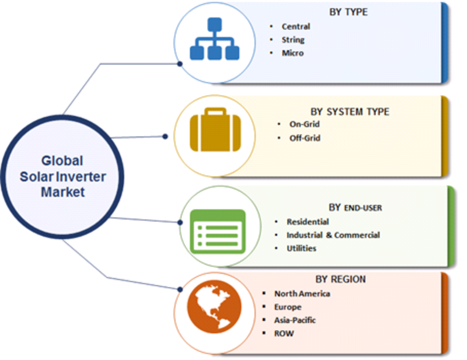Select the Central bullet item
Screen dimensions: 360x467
[x=295, y=27]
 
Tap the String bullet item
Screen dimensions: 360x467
[x=293, y=40]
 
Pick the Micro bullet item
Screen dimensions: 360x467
[x=292, y=53]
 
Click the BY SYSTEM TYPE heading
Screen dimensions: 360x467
[x=349, y=111]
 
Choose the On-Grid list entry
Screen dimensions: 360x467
[x=305, y=124]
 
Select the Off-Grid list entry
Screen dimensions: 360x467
[x=305, y=138]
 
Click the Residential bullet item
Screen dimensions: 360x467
[x=308, y=222]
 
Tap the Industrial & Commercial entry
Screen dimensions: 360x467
[x=333, y=235]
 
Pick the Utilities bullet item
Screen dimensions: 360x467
[x=301, y=249]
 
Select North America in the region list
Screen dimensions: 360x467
[x=302, y=293]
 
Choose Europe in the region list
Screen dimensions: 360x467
[x=288, y=307]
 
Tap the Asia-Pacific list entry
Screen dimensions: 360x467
[x=295, y=320]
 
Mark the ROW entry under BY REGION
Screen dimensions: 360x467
[x=284, y=334]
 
